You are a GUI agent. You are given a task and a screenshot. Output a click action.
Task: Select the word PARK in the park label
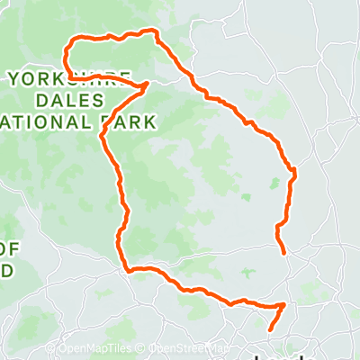pos(132,120)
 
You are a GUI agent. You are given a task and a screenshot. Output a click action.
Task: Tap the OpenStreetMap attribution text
pos(184,348)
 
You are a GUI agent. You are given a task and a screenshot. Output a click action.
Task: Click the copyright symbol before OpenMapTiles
pos(62,348)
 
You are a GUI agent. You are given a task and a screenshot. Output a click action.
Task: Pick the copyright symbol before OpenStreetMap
pos(142,348)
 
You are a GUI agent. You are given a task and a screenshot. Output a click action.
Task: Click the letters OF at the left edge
pos(8,248)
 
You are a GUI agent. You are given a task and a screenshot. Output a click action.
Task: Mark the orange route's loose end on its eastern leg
pos(284,254)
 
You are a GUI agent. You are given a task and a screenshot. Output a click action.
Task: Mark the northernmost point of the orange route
pos(154,31)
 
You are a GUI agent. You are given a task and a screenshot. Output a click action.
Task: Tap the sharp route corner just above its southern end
pos(284,304)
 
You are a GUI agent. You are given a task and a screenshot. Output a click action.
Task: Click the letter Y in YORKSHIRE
pos(12,78)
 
